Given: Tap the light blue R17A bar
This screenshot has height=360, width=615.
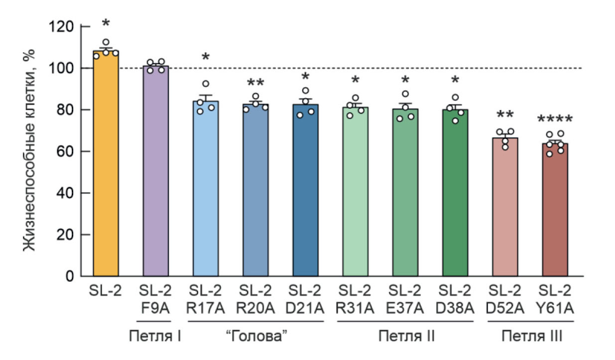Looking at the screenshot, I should click(206, 189).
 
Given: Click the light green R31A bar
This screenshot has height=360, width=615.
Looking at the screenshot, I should click(356, 192).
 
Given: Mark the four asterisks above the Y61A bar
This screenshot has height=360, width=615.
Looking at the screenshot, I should click(555, 120).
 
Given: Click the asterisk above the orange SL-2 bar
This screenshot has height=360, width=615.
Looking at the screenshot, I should click(106, 23).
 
